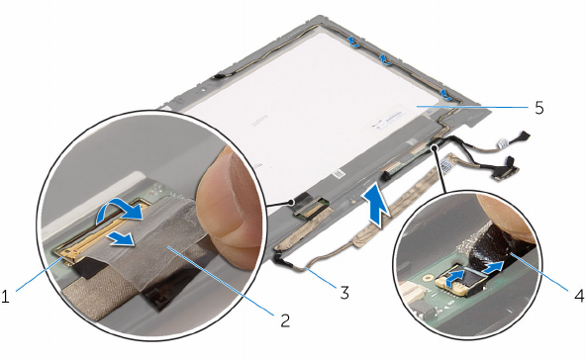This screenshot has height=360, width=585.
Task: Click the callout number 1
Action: (5, 298)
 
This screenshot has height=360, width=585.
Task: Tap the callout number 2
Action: (285, 320)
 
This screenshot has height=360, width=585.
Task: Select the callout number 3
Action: (344, 293)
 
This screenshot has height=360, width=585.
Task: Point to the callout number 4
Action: (578, 297)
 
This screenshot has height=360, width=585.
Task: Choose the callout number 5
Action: (539, 108)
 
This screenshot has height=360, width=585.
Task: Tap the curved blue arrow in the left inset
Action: (120, 211)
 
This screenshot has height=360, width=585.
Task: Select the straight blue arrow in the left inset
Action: (120, 239)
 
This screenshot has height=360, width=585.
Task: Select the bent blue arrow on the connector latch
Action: (454, 279)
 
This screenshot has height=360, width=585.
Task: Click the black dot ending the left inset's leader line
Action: (291, 203)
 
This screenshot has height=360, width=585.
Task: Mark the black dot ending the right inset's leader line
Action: (434, 148)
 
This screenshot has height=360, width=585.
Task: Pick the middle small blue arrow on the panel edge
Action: (385, 59)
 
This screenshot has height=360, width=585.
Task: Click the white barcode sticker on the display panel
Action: (386, 121)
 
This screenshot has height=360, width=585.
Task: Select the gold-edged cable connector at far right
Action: (505, 173)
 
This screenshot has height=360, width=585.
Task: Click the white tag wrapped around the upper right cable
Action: (502, 142)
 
